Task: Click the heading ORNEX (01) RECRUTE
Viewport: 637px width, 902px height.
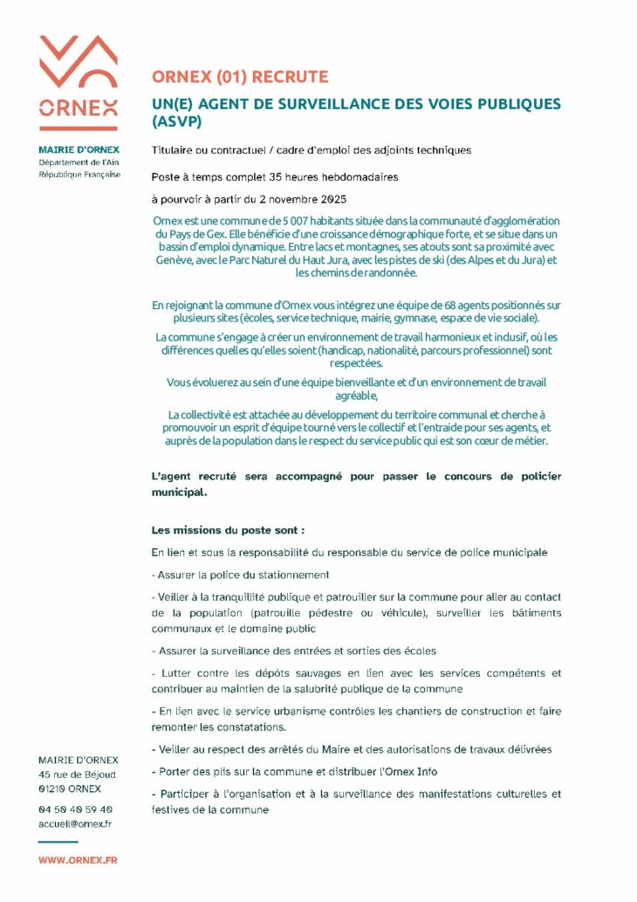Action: click(x=240, y=77)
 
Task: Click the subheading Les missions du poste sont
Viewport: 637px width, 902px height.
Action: click(x=228, y=530)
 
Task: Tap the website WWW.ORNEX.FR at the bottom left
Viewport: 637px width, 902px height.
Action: click(x=78, y=860)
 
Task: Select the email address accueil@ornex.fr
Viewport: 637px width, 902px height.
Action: click(x=75, y=823)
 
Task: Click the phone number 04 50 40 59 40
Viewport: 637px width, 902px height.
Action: click(x=75, y=809)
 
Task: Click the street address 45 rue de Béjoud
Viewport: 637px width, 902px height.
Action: click(x=77, y=775)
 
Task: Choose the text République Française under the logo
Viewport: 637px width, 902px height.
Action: click(x=79, y=175)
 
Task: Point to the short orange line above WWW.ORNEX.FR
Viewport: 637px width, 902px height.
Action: click(x=58, y=842)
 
